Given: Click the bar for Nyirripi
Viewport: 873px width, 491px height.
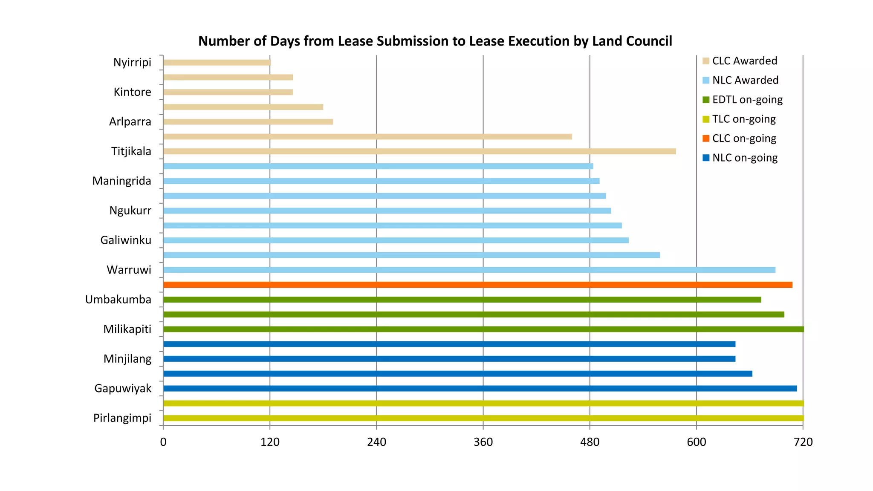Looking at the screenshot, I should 217,63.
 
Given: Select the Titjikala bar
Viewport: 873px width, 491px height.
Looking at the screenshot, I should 419,151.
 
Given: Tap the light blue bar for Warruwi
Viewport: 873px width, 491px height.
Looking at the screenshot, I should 469,270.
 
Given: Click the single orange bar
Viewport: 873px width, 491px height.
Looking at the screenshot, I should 477,285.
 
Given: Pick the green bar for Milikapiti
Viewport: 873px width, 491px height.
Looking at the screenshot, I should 483,329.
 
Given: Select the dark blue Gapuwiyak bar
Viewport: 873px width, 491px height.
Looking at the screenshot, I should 480,388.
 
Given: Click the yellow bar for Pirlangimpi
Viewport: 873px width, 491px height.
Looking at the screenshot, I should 483,418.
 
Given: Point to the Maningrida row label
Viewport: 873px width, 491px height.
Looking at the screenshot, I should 122,181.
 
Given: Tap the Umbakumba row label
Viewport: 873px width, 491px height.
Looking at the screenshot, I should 118,300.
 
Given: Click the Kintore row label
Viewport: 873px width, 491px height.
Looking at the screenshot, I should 132,92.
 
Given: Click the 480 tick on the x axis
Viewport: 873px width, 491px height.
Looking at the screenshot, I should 590,442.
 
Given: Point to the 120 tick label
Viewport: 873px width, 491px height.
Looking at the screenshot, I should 270,442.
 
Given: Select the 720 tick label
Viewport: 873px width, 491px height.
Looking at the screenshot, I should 803,442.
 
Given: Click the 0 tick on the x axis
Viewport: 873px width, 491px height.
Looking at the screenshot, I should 163,442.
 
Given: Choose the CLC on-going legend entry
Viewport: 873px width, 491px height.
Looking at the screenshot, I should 744,139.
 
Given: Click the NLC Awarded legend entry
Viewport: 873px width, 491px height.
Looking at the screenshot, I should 745,80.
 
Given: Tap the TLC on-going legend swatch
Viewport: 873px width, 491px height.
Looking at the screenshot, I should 706,119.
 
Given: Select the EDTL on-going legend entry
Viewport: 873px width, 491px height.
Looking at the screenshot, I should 747,100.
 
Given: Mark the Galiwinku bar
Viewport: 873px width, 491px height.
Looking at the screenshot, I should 396,240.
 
